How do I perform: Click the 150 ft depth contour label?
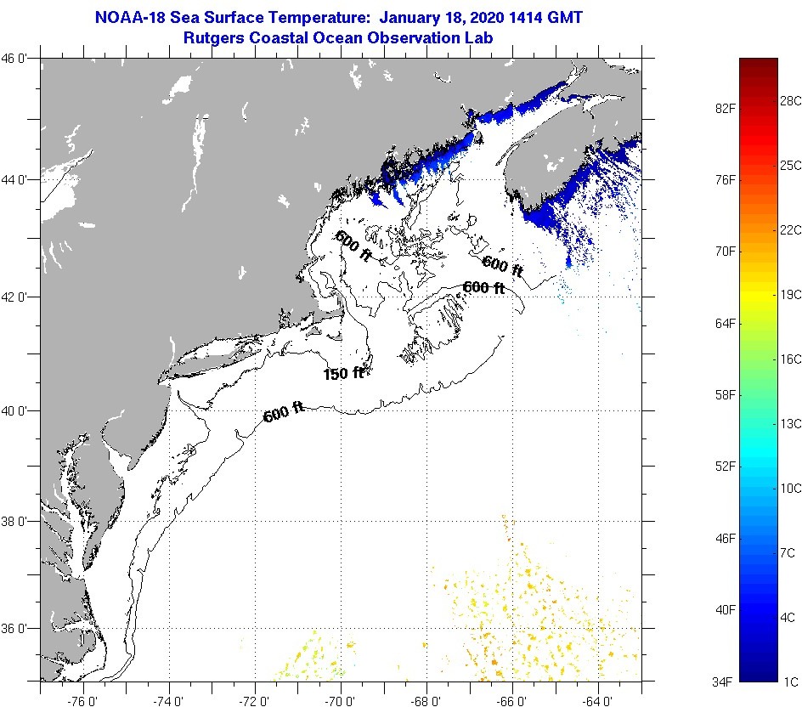[343, 373]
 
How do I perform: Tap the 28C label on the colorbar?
[791, 101]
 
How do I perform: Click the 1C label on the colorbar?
[791, 682]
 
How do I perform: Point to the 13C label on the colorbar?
[791, 423]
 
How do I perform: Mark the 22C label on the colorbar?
[791, 229]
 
